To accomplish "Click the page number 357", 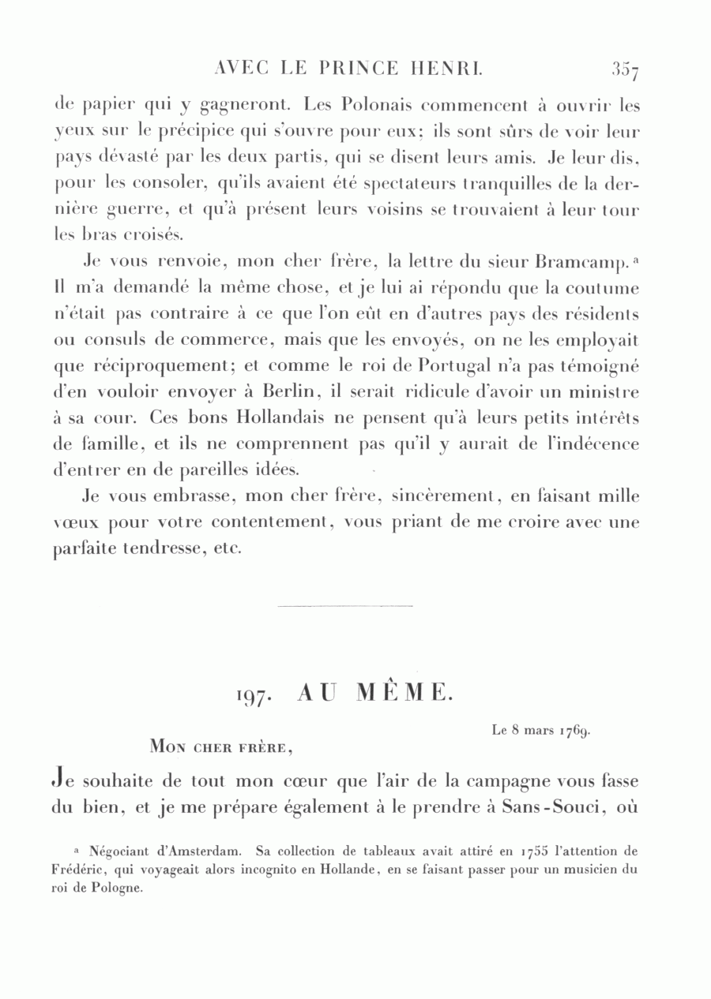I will [624, 70].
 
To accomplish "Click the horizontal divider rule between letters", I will [345, 606].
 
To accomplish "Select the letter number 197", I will [254, 696].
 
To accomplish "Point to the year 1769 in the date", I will [575, 731].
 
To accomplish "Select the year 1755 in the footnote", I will [538, 853].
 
